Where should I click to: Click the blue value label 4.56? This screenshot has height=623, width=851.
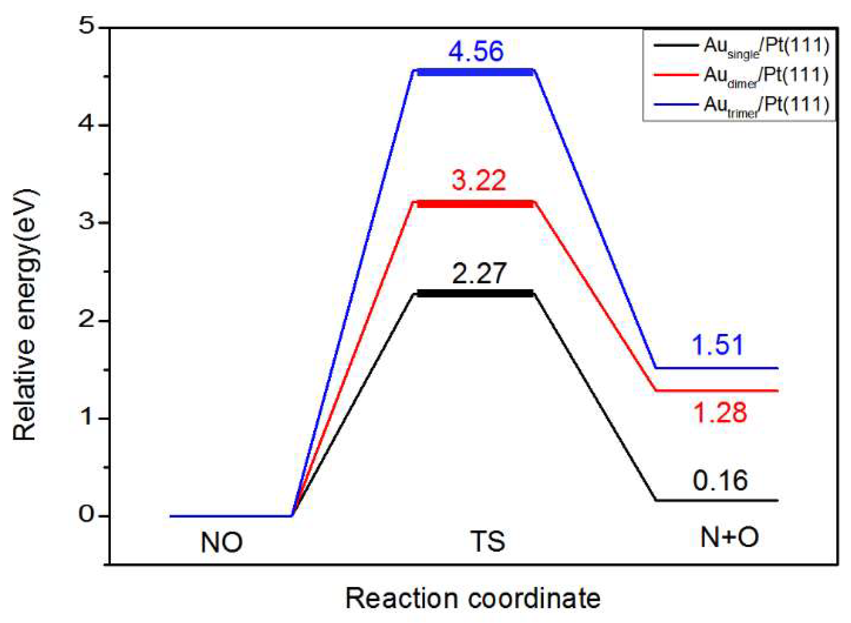point(476,51)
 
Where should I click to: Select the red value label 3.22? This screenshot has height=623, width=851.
point(478,180)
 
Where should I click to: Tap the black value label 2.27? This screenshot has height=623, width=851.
point(479,273)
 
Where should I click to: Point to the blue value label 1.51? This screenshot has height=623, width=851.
point(717,345)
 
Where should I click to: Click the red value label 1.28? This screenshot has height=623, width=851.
point(720,413)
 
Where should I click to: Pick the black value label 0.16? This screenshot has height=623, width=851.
point(720,481)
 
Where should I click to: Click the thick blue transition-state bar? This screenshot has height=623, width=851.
point(475,73)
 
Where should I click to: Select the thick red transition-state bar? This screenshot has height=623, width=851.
point(475,204)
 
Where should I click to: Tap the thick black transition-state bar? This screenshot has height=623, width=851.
point(475,294)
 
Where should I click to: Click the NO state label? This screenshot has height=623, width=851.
point(222,543)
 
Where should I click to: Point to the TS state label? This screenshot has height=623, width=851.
point(488,542)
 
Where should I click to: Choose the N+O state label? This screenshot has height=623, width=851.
point(729,537)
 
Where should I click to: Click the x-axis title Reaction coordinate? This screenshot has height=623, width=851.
point(473,599)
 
